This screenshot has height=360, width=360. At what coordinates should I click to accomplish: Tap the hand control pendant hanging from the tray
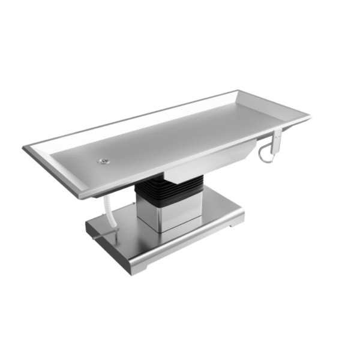pyautogui.click(x=277, y=142)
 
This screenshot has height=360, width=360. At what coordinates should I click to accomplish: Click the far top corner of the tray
pyautogui.click(x=239, y=91)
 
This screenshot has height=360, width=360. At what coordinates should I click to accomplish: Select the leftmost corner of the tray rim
pyautogui.click(x=25, y=147)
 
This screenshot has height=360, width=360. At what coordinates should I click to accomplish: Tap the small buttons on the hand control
pyautogui.click(x=278, y=139)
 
